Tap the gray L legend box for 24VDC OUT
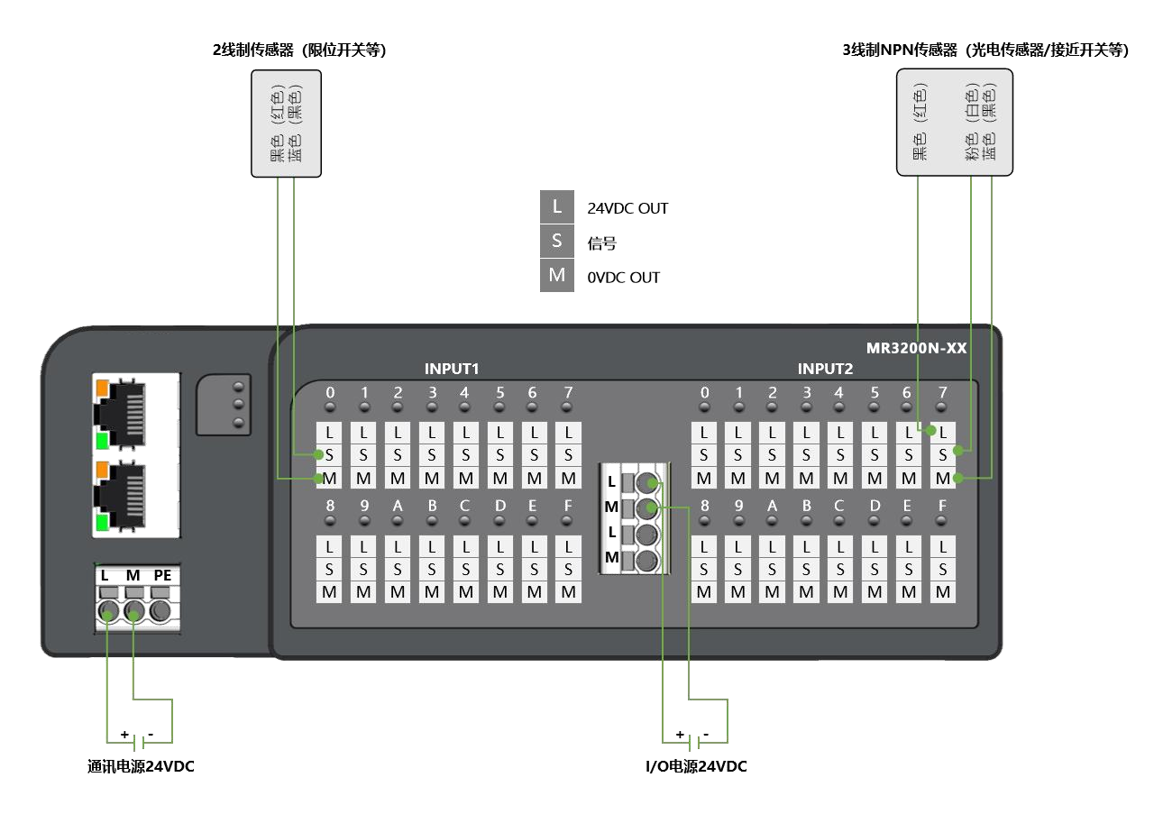tap(556, 207)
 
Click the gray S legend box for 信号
tap(556, 242)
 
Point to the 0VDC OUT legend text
tap(623, 278)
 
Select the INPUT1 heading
tap(451, 369)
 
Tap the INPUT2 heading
tap(824, 369)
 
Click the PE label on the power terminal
tap(162, 575)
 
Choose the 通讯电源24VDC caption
tap(140, 767)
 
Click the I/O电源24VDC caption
tap(695, 767)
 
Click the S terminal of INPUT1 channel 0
tap(330, 454)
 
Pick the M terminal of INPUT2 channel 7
tap(943, 478)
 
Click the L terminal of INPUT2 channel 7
tap(943, 432)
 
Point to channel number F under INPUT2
tap(943, 507)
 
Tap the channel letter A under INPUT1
tap(398, 507)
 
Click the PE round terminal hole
tap(160, 613)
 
